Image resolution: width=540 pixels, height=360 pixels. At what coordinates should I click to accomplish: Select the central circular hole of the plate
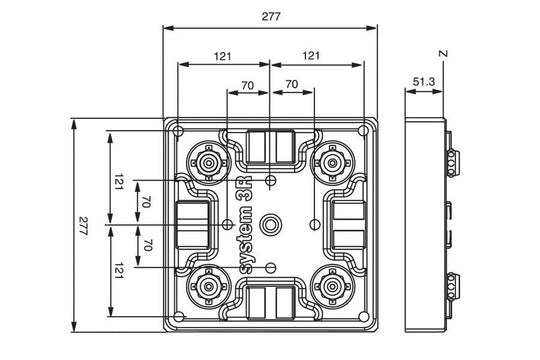tap(271, 223)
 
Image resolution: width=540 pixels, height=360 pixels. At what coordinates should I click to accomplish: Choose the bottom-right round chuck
tap(332, 287)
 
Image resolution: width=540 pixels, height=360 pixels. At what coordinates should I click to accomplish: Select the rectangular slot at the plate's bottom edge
tap(271, 301)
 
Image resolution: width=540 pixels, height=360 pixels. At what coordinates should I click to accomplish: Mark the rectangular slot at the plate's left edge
tap(192, 223)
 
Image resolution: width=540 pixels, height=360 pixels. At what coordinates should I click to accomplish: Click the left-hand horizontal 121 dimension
tap(224, 56)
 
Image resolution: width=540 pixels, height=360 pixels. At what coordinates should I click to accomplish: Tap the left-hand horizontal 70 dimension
tap(246, 86)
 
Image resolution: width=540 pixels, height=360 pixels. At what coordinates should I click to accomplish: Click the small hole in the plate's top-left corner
tap(177, 131)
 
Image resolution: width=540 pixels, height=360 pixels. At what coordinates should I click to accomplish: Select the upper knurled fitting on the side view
tap(451, 160)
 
